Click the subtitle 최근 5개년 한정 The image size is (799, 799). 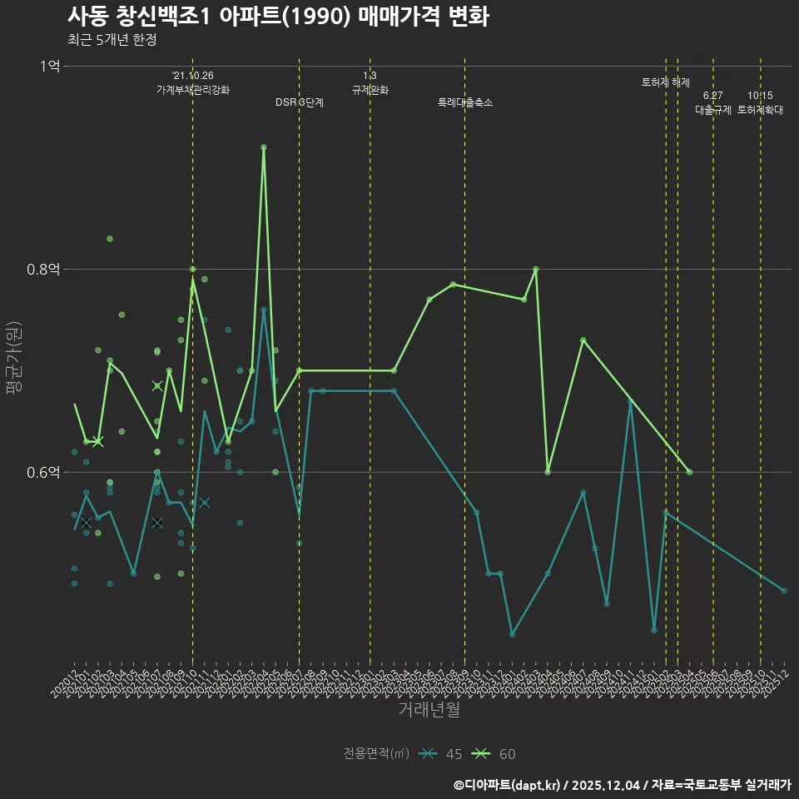(x=112, y=39)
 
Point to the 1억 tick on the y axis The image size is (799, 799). (x=49, y=66)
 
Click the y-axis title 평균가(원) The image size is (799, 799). (x=13, y=365)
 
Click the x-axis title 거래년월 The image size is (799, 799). (x=429, y=710)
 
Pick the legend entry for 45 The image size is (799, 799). (x=441, y=754)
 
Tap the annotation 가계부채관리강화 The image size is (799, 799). (x=193, y=90)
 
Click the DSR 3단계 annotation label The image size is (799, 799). (x=300, y=102)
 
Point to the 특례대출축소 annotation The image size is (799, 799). (x=465, y=102)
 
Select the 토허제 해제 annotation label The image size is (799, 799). (x=666, y=82)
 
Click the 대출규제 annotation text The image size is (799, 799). (x=713, y=110)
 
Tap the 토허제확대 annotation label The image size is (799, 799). (x=760, y=110)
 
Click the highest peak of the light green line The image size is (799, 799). (x=264, y=147)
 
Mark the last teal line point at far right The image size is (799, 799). (x=784, y=591)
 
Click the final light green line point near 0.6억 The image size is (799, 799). (x=689, y=472)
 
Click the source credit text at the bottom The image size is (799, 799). (x=622, y=784)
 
